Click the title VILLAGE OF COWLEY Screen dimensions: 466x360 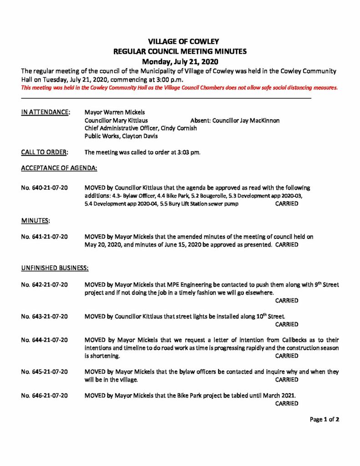180,42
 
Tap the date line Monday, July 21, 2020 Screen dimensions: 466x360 180,61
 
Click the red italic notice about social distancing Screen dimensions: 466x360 180,88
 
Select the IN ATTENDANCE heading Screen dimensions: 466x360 46,111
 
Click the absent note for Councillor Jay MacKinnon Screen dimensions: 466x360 235,120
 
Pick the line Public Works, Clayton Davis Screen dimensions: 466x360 121,136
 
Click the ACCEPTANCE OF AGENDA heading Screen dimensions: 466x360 59,168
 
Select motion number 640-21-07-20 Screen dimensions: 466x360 45,187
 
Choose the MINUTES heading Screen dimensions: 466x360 35,221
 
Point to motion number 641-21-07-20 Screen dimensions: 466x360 45,237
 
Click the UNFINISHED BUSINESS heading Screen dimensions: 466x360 55,268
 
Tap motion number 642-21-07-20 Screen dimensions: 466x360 45,284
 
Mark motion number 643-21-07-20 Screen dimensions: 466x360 45,316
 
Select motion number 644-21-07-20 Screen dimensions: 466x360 45,340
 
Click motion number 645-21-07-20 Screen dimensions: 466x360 45,372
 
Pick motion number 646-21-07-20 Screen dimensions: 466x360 45,395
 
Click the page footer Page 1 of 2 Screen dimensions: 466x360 325,419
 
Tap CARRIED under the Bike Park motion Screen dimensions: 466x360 287,403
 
